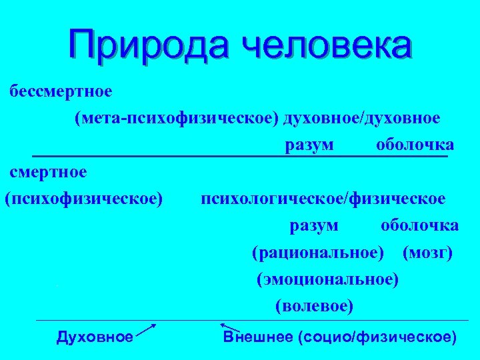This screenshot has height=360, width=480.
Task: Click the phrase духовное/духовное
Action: [x=361, y=118]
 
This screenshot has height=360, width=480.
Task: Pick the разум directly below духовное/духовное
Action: [x=310, y=145]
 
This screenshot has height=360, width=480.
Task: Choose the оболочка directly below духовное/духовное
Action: [x=415, y=145]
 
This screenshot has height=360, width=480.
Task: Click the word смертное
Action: [x=48, y=172]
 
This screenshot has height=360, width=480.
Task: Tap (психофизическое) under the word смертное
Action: [x=84, y=199]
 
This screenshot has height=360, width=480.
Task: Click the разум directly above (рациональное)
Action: [x=314, y=226]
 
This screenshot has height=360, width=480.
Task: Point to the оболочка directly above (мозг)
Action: [x=419, y=226]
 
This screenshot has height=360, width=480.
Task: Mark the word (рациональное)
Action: [x=318, y=253]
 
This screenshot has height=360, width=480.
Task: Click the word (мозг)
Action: [x=428, y=253]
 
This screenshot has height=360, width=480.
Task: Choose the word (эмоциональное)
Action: [x=328, y=280]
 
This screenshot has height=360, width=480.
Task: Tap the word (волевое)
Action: [x=314, y=307]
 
